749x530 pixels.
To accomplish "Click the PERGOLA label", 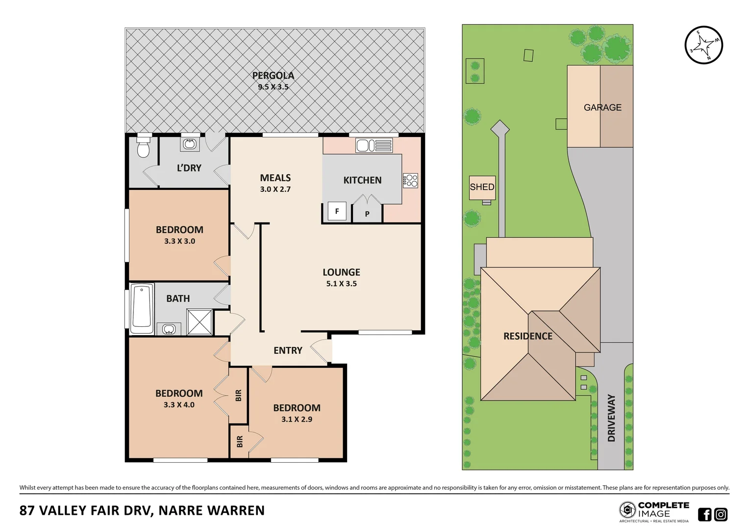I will coord(273,76).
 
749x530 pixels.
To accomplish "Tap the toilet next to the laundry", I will coord(143,148).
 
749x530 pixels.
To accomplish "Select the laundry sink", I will coord(190,144).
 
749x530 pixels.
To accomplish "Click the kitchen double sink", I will coord(374,146).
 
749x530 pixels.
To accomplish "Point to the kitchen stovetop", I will coord(410,181).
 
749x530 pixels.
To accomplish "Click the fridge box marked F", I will coord(337,212).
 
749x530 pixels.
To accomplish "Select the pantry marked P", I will coord(367,213).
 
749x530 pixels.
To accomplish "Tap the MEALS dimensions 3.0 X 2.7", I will coord(275,189).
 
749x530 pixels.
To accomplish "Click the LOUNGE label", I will coord(341,272).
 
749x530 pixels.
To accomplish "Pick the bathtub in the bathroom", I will coord(142,308).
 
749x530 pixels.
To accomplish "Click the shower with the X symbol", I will coord(200,322).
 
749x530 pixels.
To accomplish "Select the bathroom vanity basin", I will coord(169,329).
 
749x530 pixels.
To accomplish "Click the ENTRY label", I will coord(288,350).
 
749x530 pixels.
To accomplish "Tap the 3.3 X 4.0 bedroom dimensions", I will coord(179,405).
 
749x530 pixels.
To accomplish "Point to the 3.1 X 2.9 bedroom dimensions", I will coord(297,419).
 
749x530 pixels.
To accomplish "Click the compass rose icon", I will coord(703,45).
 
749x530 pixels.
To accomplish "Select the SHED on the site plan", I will coord(482,187).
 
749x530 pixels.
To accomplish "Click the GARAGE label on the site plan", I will coord(602,107).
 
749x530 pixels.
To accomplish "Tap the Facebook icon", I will coord(704,514).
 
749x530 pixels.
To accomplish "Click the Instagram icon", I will coord(721,514).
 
